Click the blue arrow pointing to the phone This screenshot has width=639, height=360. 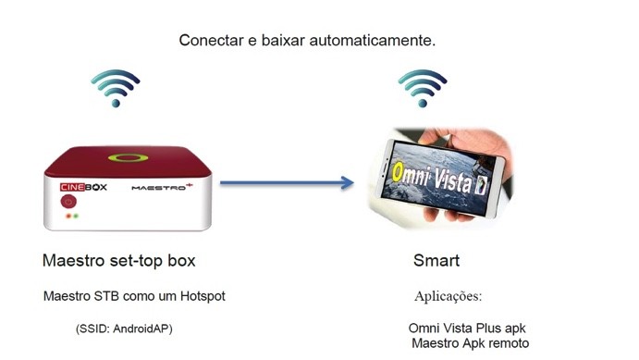pos(288,183)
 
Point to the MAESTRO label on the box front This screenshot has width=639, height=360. pos(165,187)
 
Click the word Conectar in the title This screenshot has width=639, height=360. pos(209,42)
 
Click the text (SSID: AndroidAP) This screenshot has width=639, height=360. pos(124,329)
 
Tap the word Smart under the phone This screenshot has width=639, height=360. pos(436,261)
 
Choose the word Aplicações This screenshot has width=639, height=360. pos(448,297)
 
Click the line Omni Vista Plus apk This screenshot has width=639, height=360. pos(473,329)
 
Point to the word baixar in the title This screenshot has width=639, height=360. pos(276,42)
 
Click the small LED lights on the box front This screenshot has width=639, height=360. pos(70,217)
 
